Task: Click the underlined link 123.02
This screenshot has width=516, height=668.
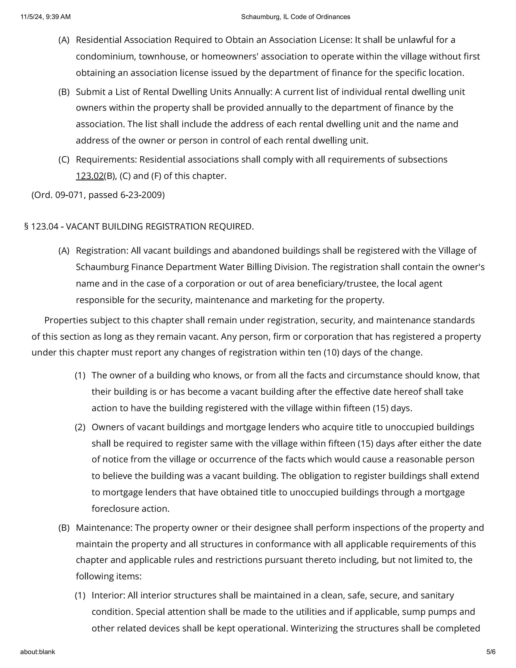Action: point(90,176)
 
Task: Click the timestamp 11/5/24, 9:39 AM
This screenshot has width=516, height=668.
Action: point(46,17)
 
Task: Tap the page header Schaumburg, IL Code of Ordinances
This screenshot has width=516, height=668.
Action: point(295,17)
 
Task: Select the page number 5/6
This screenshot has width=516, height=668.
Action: point(491,652)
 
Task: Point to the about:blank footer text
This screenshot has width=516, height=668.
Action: point(38,652)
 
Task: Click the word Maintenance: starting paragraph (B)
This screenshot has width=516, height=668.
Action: point(104,528)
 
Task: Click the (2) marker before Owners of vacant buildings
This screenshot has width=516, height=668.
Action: point(80,427)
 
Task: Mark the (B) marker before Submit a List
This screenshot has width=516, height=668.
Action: point(64,92)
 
